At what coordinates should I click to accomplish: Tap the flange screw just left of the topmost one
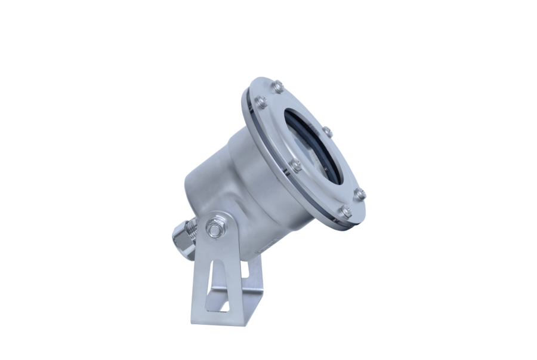point(261,102)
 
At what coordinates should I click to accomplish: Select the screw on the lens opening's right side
point(326,131)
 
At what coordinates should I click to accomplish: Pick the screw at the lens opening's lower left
point(295,165)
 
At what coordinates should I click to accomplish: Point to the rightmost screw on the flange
point(359,194)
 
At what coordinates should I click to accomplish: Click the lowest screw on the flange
point(345,211)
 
